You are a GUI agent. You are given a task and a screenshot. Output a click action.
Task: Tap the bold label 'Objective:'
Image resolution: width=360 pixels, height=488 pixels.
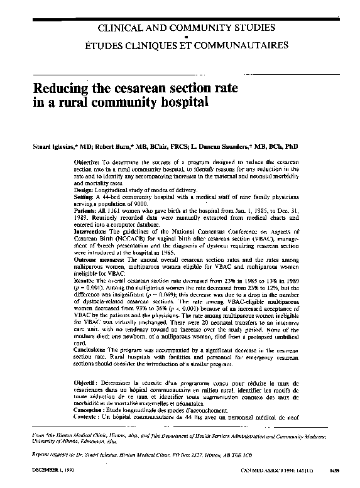click(x=78, y=161)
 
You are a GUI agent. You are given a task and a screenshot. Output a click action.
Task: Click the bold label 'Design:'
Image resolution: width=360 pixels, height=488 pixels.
click(x=75, y=190)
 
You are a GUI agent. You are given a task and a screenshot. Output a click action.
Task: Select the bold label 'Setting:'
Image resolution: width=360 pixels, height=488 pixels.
click(x=76, y=197)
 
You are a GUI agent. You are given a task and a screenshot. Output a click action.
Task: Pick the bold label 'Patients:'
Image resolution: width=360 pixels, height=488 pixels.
click(x=77, y=211)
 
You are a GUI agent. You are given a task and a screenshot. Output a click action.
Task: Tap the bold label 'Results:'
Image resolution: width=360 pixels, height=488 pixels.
click(x=76, y=282)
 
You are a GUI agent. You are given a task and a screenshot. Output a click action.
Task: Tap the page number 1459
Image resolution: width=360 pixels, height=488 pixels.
click(x=334, y=469)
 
